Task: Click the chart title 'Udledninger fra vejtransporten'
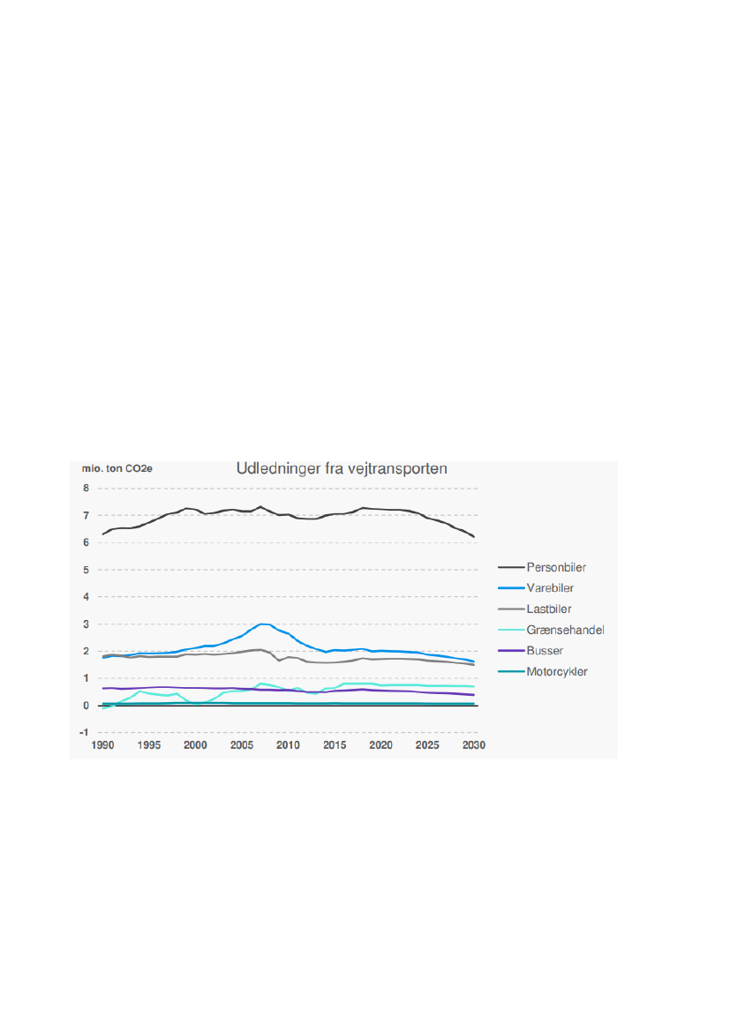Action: tap(342, 469)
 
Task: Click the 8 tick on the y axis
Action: tap(86, 489)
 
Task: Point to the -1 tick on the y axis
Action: tap(84, 733)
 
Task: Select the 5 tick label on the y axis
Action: tap(86, 570)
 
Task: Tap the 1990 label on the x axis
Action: tap(103, 746)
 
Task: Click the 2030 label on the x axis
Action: tap(474, 746)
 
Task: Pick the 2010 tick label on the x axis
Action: tap(289, 746)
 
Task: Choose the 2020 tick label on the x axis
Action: tap(381, 746)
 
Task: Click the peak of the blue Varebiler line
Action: tap(262, 624)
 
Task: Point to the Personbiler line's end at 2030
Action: tap(474, 536)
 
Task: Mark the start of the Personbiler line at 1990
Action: tap(103, 534)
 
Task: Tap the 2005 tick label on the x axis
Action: tap(242, 746)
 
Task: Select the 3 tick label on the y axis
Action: tap(86, 624)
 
